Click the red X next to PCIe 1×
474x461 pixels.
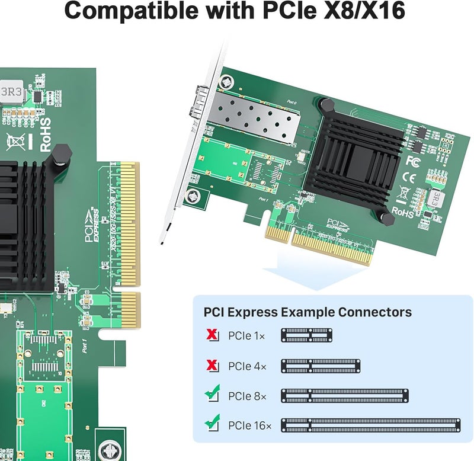pyautogui.click(x=212, y=336)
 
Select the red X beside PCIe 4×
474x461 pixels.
pyautogui.click(x=212, y=366)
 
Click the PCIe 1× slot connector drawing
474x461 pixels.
pyautogui.click(x=306, y=336)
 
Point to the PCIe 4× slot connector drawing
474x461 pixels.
pyautogui.click(x=321, y=366)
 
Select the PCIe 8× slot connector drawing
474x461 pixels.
pyautogui.click(x=345, y=395)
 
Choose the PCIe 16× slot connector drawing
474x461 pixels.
pyautogui.click(x=371, y=425)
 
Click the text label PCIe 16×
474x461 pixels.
pyautogui.click(x=249, y=425)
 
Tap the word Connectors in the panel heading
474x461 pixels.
pyautogui.click(x=374, y=312)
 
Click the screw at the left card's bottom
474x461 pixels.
pyautogui.click(x=109, y=450)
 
